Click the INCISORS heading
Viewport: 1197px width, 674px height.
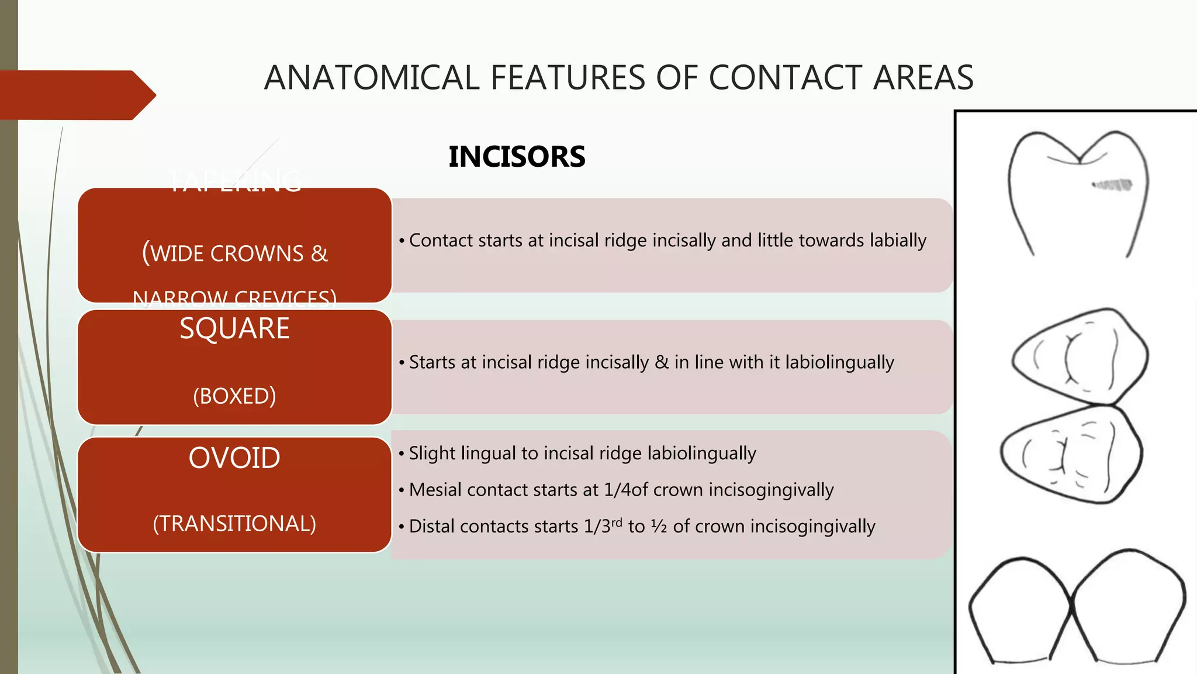click(x=517, y=157)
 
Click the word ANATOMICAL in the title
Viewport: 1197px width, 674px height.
click(x=372, y=78)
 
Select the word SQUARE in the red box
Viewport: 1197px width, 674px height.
click(x=234, y=328)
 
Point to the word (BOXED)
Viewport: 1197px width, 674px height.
click(x=234, y=396)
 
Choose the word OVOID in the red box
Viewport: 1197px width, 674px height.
click(x=234, y=458)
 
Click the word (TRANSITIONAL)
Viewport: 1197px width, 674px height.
click(x=234, y=524)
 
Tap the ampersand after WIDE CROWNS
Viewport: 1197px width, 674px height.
click(x=319, y=254)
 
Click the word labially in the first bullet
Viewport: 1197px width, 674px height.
click(x=898, y=240)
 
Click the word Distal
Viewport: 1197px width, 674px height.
click(x=432, y=527)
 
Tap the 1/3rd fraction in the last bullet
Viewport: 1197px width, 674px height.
click(x=603, y=526)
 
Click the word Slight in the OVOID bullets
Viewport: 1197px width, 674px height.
click(x=432, y=453)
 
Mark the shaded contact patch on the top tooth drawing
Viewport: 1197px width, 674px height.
click(x=1112, y=185)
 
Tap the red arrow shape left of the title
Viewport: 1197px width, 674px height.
click(x=76, y=95)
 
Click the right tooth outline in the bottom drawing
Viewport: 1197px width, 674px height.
click(x=1128, y=608)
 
